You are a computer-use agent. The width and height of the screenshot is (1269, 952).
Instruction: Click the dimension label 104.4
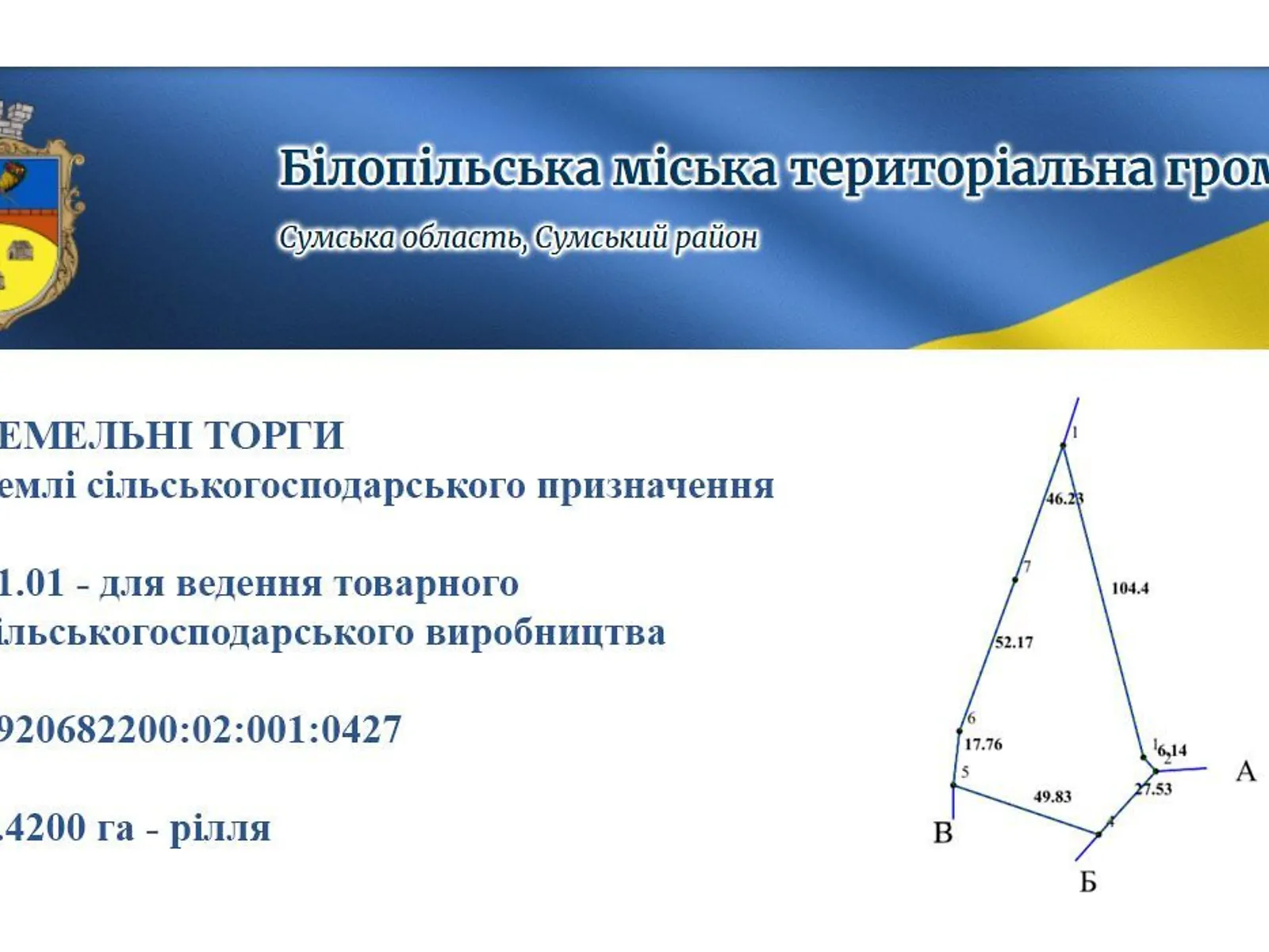[x=1129, y=588]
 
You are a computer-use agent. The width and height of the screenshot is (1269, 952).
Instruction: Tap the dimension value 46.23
[x=1064, y=498]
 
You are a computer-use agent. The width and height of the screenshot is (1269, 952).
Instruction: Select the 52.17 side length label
[x=1014, y=642]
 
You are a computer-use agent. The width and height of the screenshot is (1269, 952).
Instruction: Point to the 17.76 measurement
[x=983, y=744]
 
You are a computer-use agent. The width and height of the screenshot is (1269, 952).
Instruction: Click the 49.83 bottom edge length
[x=1052, y=796]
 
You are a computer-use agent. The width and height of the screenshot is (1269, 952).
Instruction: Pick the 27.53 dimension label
[x=1153, y=789]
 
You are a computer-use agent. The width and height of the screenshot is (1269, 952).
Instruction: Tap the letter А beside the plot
[x=1245, y=771]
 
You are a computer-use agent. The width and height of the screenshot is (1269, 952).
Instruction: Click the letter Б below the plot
[x=1088, y=882]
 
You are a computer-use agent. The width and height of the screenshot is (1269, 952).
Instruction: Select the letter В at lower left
[x=943, y=833]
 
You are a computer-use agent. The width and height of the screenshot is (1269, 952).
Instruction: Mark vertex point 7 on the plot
[x=1015, y=580]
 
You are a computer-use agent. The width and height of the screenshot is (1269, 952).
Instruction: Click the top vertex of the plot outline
[x=1064, y=445]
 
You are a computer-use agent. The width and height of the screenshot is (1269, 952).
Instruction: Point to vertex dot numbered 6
[x=960, y=731]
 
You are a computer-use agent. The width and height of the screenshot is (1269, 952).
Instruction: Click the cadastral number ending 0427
[x=198, y=729]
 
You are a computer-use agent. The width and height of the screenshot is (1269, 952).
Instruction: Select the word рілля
[x=220, y=828]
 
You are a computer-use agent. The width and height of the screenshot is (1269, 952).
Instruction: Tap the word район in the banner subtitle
[x=716, y=237]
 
